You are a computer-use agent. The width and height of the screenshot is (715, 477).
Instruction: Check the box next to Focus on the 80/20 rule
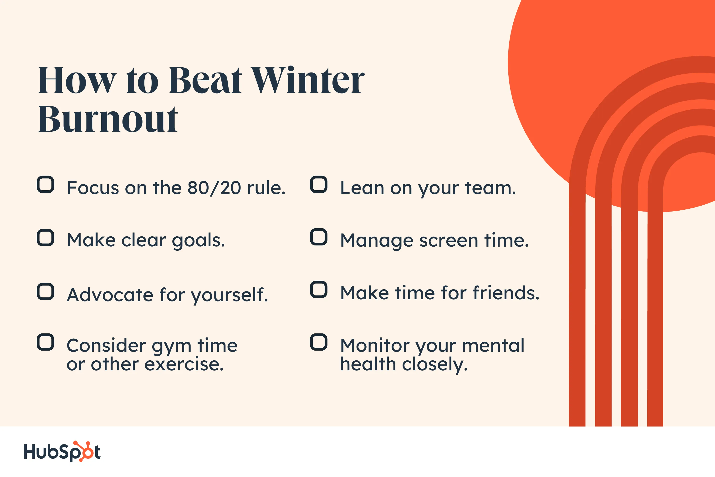pyautogui.click(x=46, y=184)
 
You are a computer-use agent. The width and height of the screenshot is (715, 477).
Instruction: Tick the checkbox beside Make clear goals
pyautogui.click(x=46, y=238)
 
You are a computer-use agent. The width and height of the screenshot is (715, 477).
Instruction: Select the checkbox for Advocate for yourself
pyautogui.click(x=46, y=291)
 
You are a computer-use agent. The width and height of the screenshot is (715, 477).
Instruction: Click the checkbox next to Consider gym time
pyautogui.click(x=46, y=342)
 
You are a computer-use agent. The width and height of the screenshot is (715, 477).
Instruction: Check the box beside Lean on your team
pyautogui.click(x=319, y=184)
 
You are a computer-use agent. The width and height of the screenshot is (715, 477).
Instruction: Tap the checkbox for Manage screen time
pyautogui.click(x=319, y=237)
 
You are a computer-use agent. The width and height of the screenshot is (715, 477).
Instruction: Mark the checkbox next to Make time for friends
pyautogui.click(x=319, y=289)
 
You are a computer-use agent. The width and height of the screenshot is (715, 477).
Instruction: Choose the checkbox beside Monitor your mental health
pyautogui.click(x=319, y=342)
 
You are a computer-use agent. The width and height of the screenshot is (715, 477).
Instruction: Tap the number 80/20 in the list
pyautogui.click(x=214, y=188)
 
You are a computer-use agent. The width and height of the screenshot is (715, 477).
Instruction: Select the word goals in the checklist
pyautogui.click(x=199, y=241)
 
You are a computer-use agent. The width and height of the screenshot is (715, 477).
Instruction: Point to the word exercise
pyautogui.click(x=184, y=364)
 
